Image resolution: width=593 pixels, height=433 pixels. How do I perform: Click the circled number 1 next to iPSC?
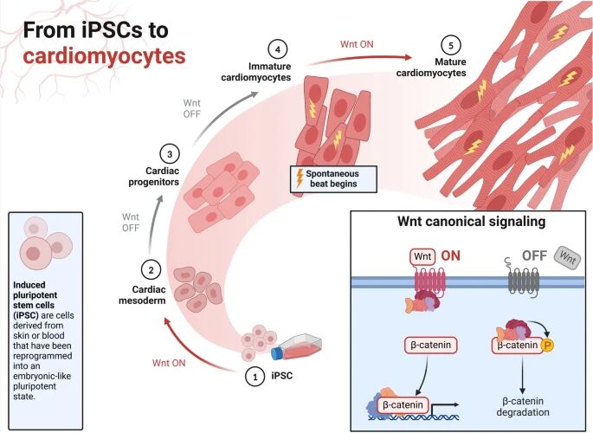(255, 377)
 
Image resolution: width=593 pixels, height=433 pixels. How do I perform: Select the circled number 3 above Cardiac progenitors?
(171, 154)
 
